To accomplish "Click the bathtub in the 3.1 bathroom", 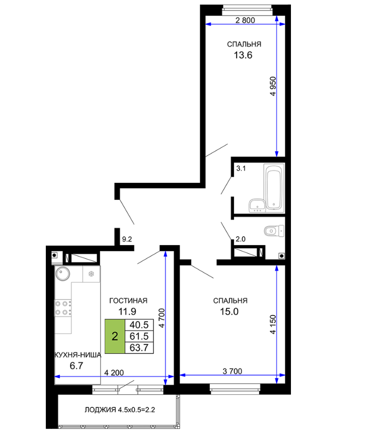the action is tap(274, 187).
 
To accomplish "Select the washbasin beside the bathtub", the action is tap(257, 205).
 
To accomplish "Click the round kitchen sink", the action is tap(63, 273).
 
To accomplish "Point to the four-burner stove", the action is tap(63, 308).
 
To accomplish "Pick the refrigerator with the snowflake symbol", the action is tap(91, 274).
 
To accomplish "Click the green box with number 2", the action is tap(115, 336).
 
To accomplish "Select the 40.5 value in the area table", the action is tap(139, 325).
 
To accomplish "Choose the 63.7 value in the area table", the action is tap(139, 347).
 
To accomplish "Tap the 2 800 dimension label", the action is tap(245, 20).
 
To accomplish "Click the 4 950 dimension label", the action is tap(273, 86).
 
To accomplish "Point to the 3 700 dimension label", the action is tap(233, 371).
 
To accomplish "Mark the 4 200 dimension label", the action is tap(114, 373).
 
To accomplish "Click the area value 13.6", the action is tap(243, 55).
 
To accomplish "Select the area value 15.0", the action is tap(229, 312).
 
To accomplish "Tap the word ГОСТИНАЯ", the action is tap(128, 301).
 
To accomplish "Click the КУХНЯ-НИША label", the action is tap(78, 355).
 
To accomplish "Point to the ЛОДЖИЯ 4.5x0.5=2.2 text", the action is tap(120, 410).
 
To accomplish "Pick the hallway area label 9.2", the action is tap(127, 239).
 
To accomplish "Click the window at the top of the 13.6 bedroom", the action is tap(247, 10).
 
